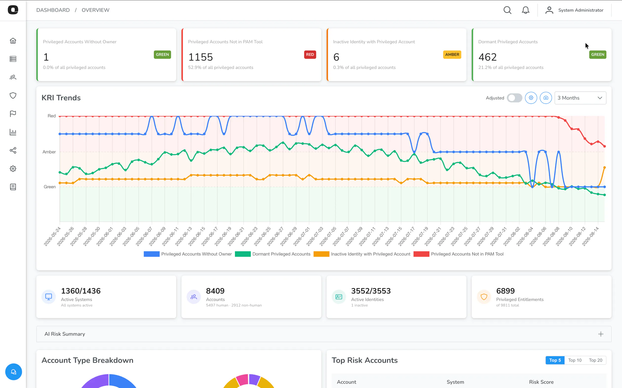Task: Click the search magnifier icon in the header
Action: point(507,10)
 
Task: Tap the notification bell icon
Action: point(525,10)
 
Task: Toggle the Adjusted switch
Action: point(514,98)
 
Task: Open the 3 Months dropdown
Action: point(580,98)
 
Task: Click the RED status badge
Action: point(310,54)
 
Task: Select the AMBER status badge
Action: point(452,54)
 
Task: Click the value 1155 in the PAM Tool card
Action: point(200,57)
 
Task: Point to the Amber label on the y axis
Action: point(49,152)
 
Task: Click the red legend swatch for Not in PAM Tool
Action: point(421,254)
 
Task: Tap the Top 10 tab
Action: point(575,360)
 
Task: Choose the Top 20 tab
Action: point(596,360)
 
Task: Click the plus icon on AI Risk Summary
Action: point(601,334)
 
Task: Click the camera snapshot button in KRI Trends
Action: point(546,98)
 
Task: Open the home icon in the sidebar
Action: point(13,41)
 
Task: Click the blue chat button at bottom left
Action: point(13,372)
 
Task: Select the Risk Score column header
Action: point(541,382)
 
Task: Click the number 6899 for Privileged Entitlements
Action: point(505,291)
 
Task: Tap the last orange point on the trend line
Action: point(604,168)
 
